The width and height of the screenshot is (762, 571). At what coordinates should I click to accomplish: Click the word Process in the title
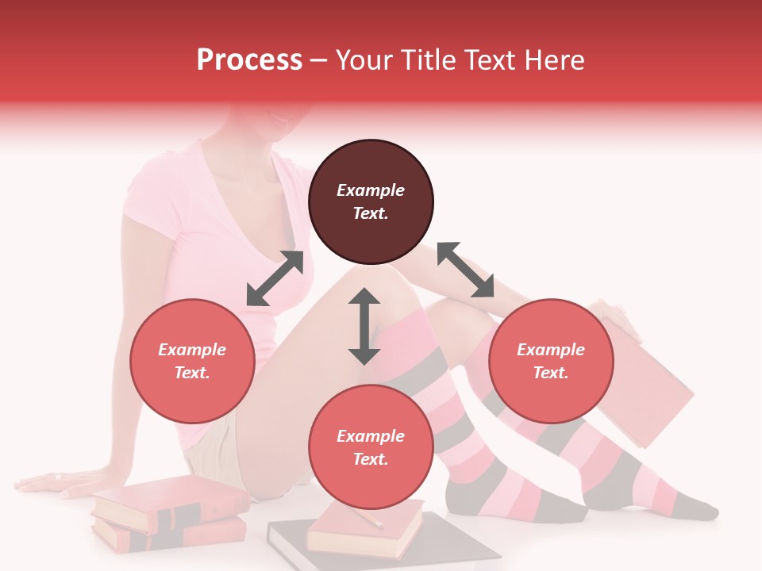pos(249,60)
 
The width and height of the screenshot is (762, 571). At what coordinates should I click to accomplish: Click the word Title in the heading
pos(427,60)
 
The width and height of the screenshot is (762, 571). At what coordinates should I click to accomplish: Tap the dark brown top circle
pos(371,202)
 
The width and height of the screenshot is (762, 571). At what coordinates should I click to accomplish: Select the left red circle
pos(192,361)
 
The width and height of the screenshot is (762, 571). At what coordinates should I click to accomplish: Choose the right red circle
pos(551,361)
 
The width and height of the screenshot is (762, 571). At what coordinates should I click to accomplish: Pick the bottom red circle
pos(371,447)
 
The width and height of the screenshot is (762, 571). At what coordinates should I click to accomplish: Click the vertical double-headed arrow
pos(364,326)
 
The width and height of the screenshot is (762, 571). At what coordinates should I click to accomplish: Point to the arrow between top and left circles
pos(275,278)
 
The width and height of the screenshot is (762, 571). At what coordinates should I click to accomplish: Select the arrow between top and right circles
pos(465,270)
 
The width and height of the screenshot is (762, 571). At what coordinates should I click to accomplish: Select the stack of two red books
pos(168,514)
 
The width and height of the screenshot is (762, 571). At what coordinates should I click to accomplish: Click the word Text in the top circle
pos(371,213)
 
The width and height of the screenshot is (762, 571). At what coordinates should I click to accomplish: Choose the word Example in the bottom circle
pos(371,436)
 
